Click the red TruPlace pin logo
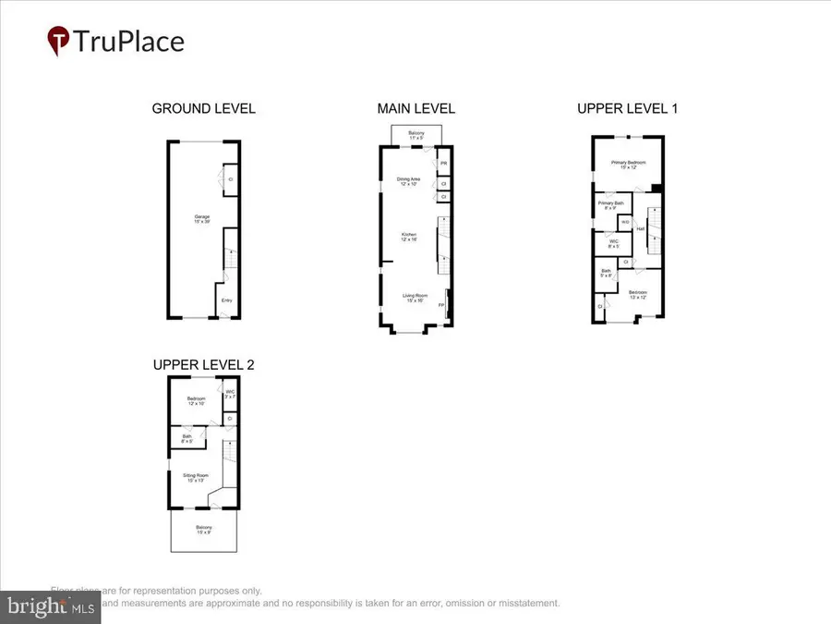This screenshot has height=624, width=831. click(x=58, y=41)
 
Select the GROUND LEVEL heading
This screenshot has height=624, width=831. click(x=203, y=109)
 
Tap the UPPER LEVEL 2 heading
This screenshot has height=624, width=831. click(x=203, y=364)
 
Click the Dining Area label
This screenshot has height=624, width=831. click(x=409, y=181)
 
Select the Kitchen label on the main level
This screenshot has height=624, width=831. click(x=409, y=237)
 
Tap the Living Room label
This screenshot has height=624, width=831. click(x=414, y=298)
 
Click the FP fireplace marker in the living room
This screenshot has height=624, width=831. click(x=441, y=304)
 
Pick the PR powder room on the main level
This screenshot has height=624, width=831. click(x=443, y=164)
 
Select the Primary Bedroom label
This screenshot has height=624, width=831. click(x=627, y=164)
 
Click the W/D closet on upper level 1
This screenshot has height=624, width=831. click(x=625, y=222)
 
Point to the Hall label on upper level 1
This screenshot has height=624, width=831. click(x=639, y=229)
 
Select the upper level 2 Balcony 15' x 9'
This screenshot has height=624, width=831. click(x=203, y=532)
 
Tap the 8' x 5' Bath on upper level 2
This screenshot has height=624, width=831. click(x=187, y=438)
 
